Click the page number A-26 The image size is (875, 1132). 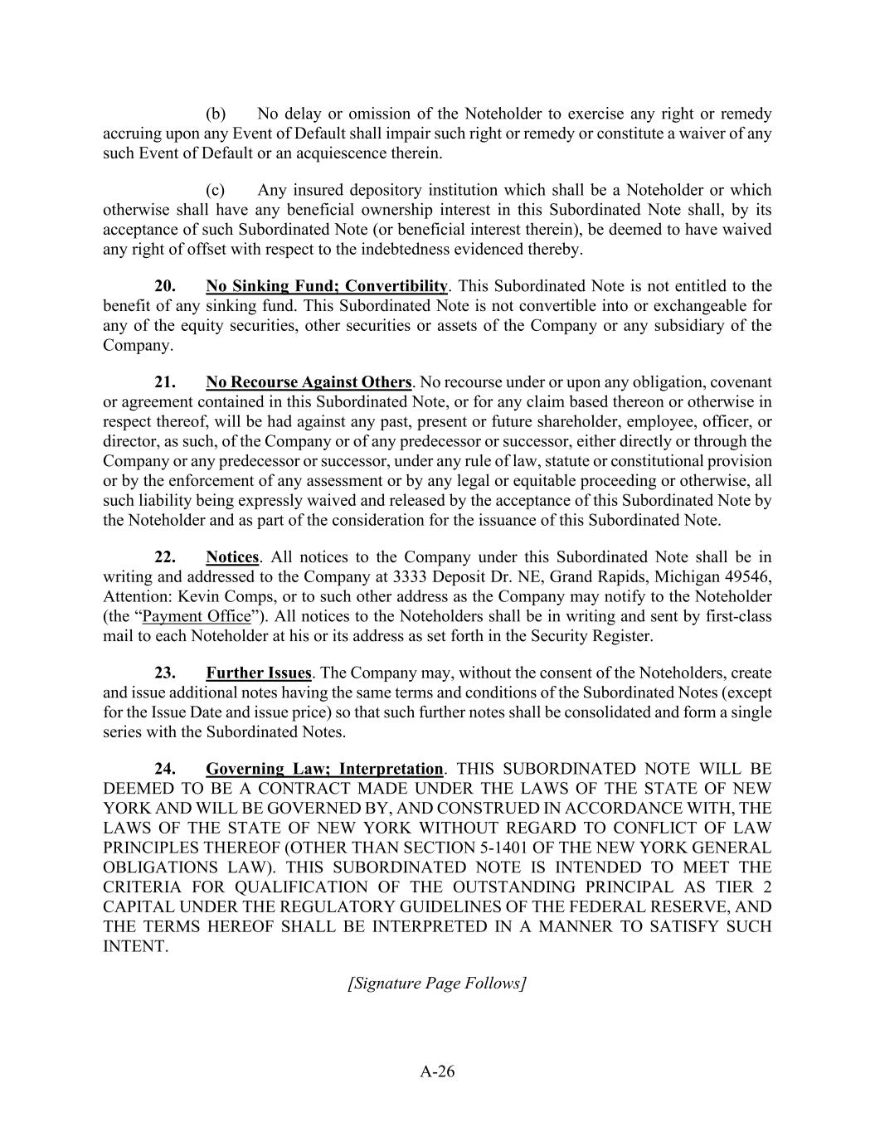[437, 1071]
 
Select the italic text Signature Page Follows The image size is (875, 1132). [437, 983]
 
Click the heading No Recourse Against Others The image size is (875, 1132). [309, 382]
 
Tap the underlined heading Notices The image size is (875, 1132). [232, 556]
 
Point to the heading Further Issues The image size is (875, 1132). [259, 673]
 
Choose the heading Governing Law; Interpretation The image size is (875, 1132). [324, 769]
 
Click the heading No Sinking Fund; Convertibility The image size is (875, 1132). [327, 286]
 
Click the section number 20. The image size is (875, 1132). [164, 286]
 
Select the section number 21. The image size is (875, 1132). [164, 382]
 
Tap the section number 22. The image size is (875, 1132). [164, 556]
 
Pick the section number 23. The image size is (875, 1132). [164, 673]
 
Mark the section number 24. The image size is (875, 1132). [164, 769]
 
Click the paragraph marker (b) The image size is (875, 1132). [216, 114]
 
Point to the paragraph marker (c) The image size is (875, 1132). [216, 190]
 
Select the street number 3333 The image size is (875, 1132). [411, 576]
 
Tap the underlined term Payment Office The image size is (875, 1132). [197, 616]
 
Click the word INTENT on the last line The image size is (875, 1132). [134, 946]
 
